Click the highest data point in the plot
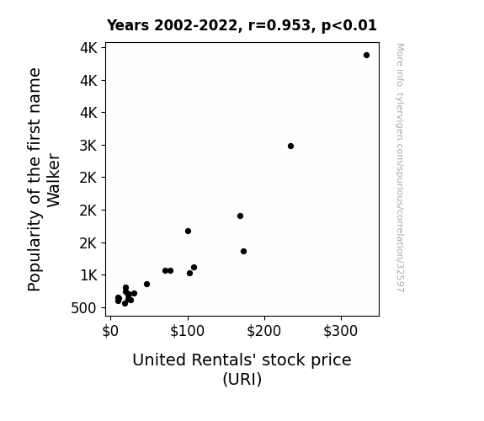click(366, 56)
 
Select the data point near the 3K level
click(290, 147)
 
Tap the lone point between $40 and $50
click(147, 284)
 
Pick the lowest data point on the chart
click(125, 304)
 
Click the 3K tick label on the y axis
click(88, 146)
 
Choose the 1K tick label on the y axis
click(88, 275)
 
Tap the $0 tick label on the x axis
click(110, 331)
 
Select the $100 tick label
click(187, 331)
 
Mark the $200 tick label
click(264, 331)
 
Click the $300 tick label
click(340, 331)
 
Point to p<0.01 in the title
click(349, 26)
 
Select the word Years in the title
click(128, 25)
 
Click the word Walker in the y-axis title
click(53, 180)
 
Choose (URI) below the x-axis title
click(242, 379)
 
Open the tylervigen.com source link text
click(400, 168)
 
